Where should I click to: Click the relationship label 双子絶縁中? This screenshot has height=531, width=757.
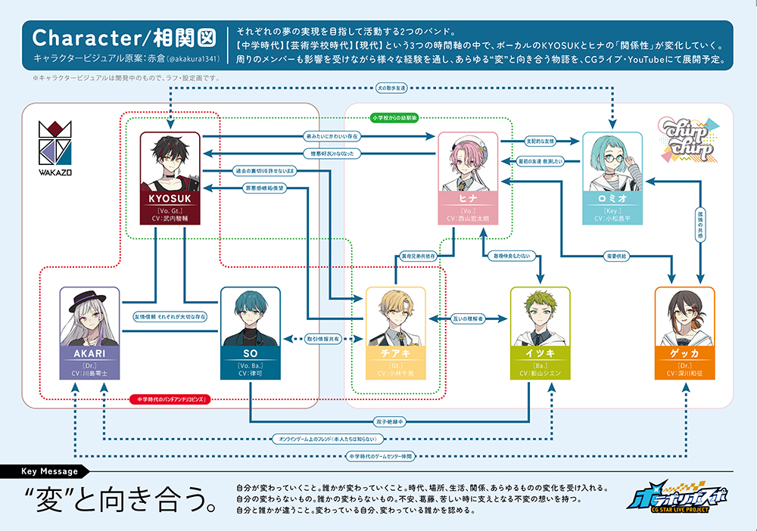click(390, 421)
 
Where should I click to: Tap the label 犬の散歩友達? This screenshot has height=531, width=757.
click(391, 88)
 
